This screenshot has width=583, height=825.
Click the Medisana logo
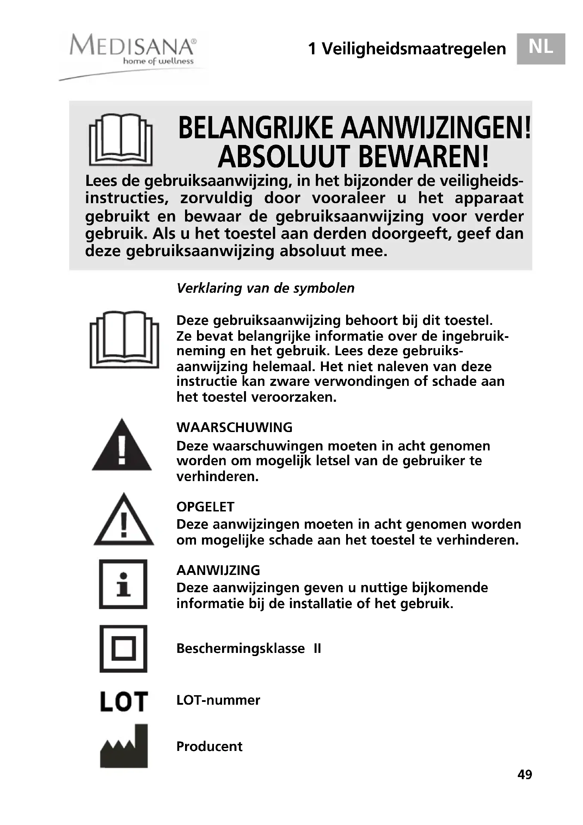(x=133, y=50)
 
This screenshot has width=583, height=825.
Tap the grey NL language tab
(x=541, y=49)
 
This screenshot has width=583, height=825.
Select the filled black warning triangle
(x=122, y=447)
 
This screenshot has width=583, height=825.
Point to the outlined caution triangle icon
(x=123, y=521)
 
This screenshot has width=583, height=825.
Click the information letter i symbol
(x=123, y=584)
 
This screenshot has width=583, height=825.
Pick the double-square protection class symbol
(x=123, y=649)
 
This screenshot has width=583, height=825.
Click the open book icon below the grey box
(x=124, y=339)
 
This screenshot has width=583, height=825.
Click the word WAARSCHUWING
(x=234, y=427)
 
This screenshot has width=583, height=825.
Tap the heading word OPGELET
(x=205, y=506)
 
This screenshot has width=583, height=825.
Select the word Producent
(x=209, y=746)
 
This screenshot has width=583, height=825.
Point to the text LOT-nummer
(x=218, y=700)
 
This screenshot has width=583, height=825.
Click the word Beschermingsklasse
(x=240, y=649)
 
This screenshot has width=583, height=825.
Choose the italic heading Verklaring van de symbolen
(x=265, y=288)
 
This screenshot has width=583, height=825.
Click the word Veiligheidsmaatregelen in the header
(x=413, y=49)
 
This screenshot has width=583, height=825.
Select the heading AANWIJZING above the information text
(x=218, y=570)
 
